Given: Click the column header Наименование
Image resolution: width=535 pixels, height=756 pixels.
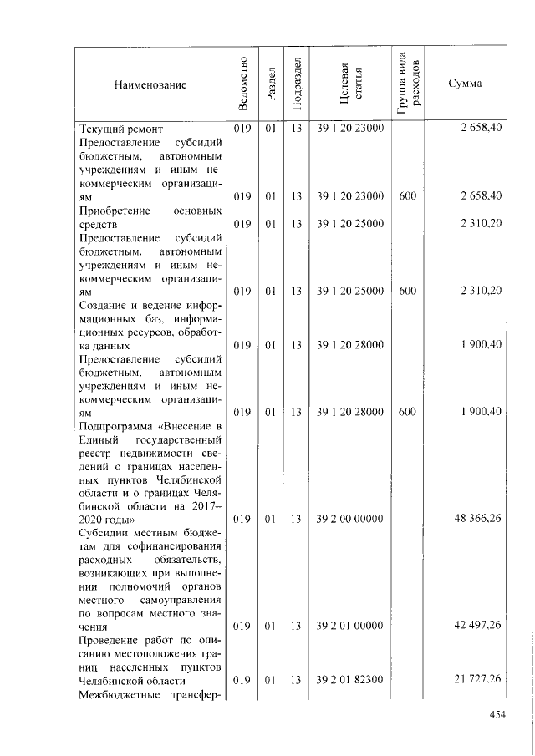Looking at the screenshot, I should tap(150, 84).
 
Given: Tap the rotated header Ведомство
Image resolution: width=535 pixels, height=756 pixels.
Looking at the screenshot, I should tap(242, 84).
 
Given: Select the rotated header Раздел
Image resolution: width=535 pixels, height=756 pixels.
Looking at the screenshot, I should tap(270, 84).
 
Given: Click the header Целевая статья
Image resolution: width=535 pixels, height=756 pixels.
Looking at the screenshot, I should tap(350, 84).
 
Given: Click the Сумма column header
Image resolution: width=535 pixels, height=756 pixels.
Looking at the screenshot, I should tap(464, 84).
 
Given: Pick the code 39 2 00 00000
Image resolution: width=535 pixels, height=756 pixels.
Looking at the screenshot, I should tap(350, 519).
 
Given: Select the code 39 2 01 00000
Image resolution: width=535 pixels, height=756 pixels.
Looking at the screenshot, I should tap(350, 626).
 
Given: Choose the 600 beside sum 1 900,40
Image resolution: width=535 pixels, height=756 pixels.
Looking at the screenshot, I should tap(407, 412).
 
